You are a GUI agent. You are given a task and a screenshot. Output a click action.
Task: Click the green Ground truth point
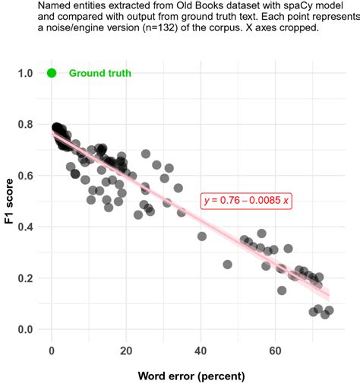(52, 73)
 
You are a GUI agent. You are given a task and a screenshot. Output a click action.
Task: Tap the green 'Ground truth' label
(99, 74)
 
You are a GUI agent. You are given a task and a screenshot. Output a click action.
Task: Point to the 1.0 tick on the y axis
(25, 73)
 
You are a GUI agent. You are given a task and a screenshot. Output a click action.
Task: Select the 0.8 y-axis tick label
(25, 125)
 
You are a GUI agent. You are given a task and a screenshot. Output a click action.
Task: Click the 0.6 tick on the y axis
(25, 176)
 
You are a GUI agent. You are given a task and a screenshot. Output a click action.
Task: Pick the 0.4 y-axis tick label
(25, 227)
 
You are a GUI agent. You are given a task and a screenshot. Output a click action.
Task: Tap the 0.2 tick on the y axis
(25, 278)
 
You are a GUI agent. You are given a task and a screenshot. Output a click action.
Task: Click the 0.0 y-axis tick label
(25, 329)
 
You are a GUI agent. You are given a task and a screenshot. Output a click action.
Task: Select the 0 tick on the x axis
(52, 351)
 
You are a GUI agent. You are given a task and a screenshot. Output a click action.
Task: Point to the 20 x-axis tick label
(126, 351)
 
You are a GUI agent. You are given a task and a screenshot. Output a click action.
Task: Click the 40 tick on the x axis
(201, 351)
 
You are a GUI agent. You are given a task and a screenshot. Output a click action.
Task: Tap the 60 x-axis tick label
(276, 351)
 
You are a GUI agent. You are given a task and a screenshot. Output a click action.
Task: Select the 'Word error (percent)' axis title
(191, 376)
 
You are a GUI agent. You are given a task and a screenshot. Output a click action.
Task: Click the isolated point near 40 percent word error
(202, 236)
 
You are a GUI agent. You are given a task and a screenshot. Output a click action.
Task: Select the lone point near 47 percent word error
(227, 265)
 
